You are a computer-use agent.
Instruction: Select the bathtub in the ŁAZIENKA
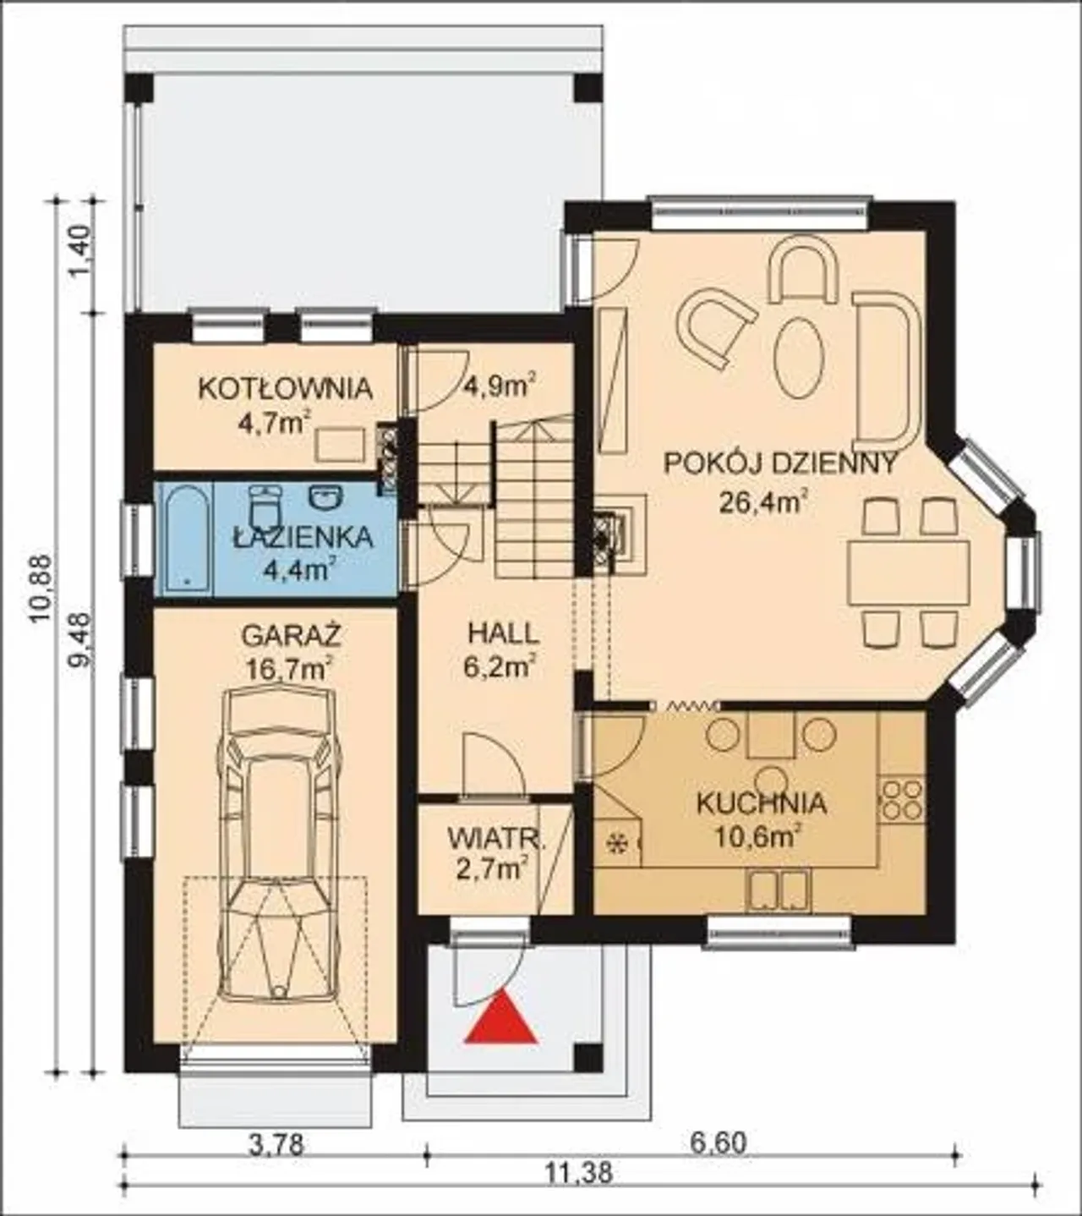click(187, 538)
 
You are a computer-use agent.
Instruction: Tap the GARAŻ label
click(291, 636)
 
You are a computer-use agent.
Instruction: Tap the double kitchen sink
click(779, 890)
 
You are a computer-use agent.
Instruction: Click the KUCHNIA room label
click(762, 803)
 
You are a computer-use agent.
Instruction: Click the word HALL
click(503, 634)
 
